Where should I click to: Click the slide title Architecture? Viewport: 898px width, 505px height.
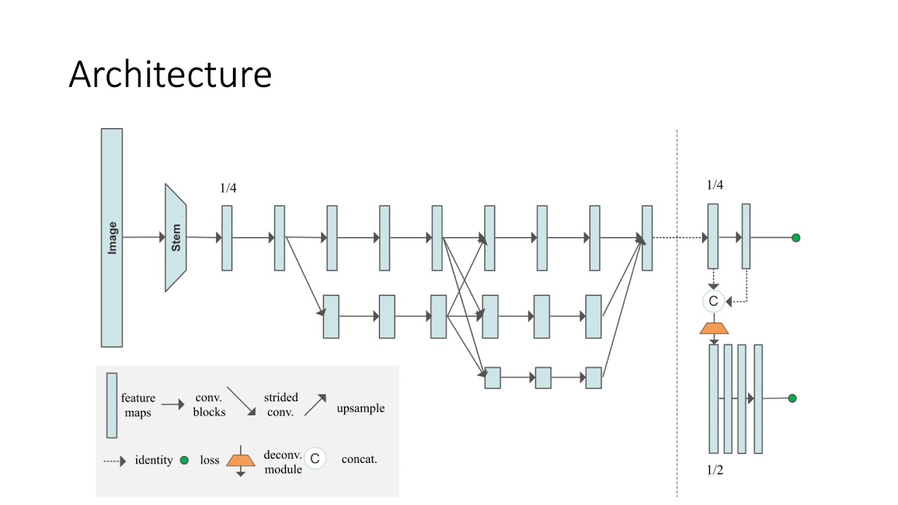click(x=170, y=74)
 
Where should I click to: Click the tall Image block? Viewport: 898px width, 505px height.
click(x=112, y=237)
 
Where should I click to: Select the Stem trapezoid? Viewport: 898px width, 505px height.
click(x=175, y=238)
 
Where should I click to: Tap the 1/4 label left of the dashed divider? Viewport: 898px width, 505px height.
click(x=227, y=188)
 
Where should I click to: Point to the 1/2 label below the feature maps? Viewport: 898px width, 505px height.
click(x=714, y=470)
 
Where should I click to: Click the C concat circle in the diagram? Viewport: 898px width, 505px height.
click(x=713, y=301)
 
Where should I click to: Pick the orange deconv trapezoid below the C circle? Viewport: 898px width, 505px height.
click(x=714, y=328)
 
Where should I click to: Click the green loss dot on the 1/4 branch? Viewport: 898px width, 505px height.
click(x=796, y=238)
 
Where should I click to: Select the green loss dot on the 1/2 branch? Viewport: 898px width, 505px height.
click(x=792, y=398)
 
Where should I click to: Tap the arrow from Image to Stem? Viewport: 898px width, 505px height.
click(x=143, y=238)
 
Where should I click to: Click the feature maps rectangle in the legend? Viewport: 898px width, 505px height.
click(x=112, y=405)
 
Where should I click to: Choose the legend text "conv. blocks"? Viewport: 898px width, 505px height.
click(x=209, y=405)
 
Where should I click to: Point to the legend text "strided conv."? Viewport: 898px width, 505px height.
click(x=281, y=405)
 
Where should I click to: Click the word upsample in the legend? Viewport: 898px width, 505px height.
click(x=361, y=408)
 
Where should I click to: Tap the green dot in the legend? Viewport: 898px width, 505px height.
click(x=184, y=461)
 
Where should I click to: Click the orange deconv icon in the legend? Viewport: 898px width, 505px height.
click(x=241, y=460)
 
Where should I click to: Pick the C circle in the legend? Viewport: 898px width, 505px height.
click(x=315, y=459)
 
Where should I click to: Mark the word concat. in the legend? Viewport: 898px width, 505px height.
click(x=359, y=459)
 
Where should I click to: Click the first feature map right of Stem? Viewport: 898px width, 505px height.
click(x=227, y=238)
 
